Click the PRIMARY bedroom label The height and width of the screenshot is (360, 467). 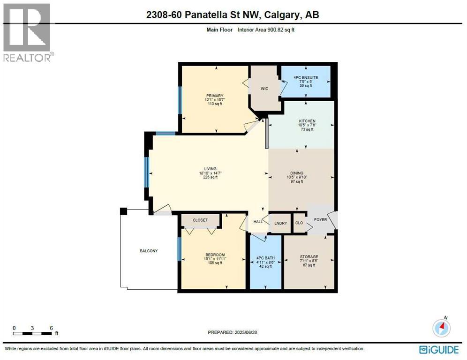click(214, 96)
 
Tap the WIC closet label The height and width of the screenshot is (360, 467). click(264, 88)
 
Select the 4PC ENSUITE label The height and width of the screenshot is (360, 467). click(305, 77)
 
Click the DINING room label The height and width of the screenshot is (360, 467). click(297, 173)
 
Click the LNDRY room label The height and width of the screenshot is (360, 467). click(280, 223)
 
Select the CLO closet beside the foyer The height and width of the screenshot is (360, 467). click(299, 223)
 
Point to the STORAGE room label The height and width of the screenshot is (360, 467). click(309, 257)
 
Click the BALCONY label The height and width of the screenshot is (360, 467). click(149, 251)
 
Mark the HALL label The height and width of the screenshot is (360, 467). click(258, 221)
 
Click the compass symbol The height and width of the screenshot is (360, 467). click(441, 328)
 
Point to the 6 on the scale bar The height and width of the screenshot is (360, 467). click(51, 328)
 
